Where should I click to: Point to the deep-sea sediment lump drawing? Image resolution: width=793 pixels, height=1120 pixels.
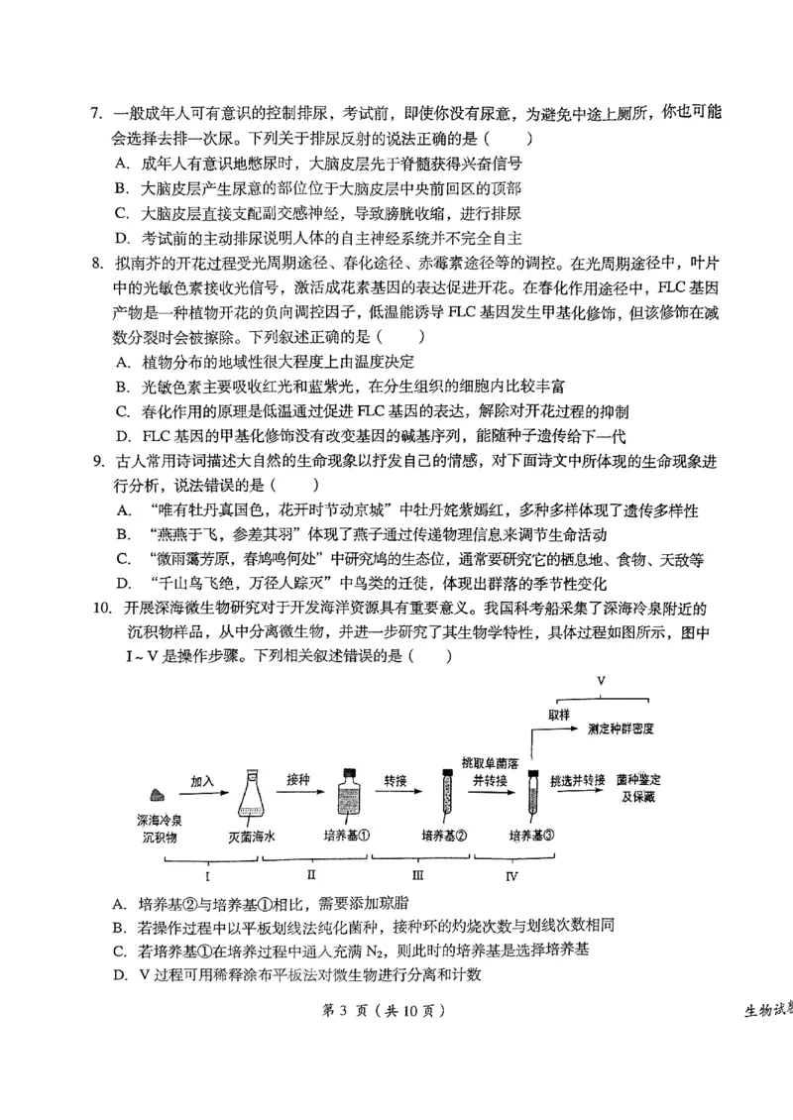coord(155,795)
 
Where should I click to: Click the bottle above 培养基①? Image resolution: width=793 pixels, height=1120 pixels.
coord(347,793)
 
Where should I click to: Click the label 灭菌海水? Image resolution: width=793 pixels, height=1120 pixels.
coord(252,836)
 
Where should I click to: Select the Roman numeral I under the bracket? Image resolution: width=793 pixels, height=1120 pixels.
coord(206,875)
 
